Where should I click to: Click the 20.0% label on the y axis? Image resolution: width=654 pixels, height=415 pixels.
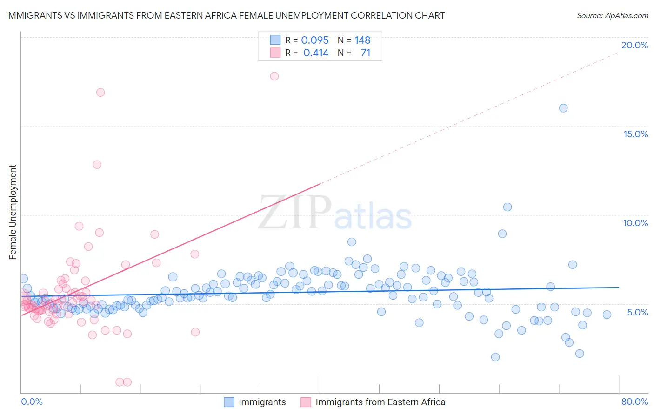[634, 45]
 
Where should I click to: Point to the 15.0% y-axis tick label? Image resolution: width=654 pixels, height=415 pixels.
[635, 134]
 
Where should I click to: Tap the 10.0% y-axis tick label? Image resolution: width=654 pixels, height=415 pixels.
[635, 223]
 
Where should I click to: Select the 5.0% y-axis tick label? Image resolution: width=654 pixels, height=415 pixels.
[637, 312]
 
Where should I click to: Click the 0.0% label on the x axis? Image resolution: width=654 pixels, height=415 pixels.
[32, 402]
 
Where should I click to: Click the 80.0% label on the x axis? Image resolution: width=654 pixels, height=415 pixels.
[634, 402]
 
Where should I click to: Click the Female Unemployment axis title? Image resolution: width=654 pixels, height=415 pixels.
[13, 212]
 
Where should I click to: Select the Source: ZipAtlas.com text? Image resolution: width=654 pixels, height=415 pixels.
[612, 15]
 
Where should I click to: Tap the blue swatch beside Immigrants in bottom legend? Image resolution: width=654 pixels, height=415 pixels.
[229, 402]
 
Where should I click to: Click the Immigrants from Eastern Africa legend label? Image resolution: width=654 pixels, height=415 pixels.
[380, 402]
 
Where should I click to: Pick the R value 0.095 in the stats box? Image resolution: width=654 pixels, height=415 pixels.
[315, 40]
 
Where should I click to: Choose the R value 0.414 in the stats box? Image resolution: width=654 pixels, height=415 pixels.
[316, 53]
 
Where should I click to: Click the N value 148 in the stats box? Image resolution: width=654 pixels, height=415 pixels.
[362, 40]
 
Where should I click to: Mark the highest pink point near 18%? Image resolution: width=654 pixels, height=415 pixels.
[274, 76]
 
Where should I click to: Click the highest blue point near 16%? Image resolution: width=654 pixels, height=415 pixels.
[563, 108]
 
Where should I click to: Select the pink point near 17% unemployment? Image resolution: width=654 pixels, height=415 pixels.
[100, 93]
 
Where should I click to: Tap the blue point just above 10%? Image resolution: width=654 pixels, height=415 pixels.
[507, 207]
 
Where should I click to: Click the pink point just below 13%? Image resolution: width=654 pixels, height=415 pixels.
[97, 165]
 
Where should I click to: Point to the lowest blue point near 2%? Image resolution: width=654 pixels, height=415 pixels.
[495, 357]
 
